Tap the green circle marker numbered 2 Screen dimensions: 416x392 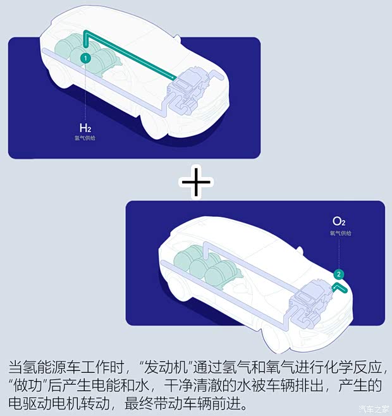[339, 274]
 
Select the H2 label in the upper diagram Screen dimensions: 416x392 [85, 127]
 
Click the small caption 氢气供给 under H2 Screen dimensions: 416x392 [85, 137]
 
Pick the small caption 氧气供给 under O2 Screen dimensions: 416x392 [340, 233]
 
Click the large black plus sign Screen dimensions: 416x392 [196, 181]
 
